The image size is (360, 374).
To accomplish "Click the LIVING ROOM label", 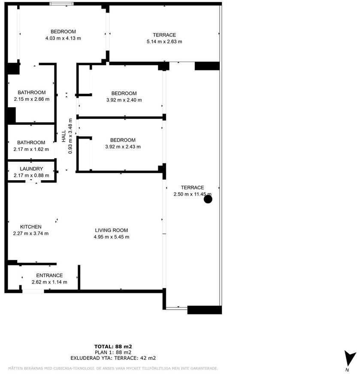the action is [112, 230].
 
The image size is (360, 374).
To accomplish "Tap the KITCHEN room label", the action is [31, 227].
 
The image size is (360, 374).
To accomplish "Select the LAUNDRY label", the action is [31, 169].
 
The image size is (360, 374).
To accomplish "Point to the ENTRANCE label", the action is [49, 275].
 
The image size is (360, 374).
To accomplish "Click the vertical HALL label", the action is [64, 136].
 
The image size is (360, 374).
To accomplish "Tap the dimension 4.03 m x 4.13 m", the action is [63, 38].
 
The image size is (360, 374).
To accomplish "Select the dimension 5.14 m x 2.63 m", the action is [164, 42].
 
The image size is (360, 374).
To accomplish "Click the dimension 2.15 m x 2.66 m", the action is [31, 99].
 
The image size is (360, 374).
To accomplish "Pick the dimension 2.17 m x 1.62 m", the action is [31, 149].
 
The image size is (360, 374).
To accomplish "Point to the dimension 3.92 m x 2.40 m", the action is [124, 100].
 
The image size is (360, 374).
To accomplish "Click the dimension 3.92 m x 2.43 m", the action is [123, 147].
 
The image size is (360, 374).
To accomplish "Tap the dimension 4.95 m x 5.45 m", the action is [112, 237].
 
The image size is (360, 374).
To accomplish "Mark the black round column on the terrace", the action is [208, 199].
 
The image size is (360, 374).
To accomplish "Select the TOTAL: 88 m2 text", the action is [113, 347].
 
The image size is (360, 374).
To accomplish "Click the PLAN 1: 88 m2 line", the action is [113, 352].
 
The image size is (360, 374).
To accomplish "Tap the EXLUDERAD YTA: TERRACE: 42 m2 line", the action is [113, 358].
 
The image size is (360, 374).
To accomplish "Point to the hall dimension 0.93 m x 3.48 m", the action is [70, 136].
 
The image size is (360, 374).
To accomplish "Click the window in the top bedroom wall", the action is [61, 4].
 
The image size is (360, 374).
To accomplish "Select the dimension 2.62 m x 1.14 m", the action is [49, 282].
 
